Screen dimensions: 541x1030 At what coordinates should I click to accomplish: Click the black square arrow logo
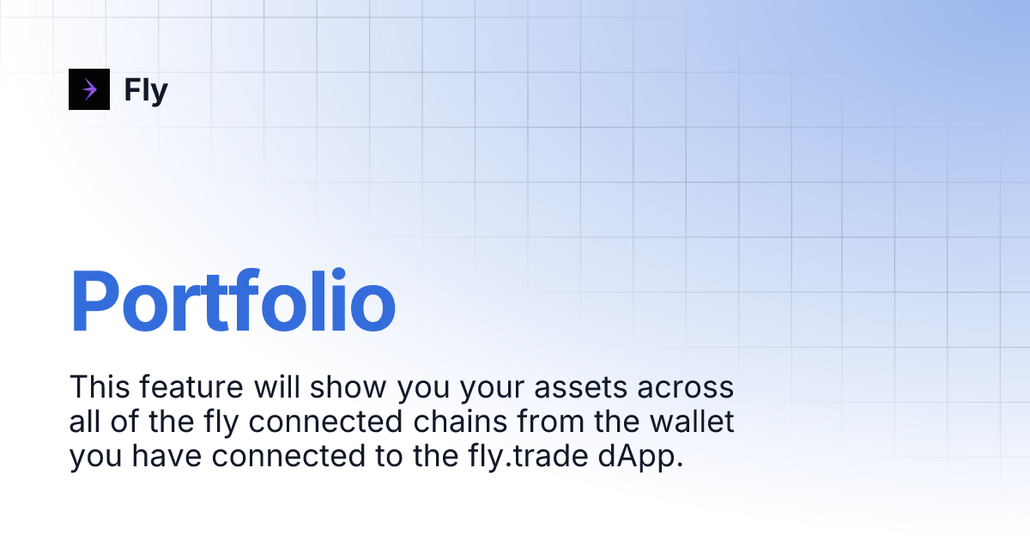tap(89, 89)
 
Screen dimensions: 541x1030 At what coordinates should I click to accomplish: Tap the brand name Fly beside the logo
tap(146, 89)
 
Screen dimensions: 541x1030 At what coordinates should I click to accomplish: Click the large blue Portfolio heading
tap(233, 301)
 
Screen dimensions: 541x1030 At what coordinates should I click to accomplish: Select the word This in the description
tap(98, 387)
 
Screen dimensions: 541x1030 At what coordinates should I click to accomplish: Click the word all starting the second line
tap(83, 422)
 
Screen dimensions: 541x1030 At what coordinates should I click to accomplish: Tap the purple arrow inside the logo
tap(89, 89)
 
